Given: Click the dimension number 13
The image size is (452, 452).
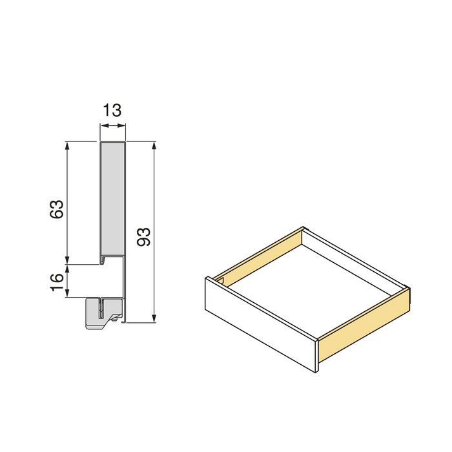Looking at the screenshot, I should pyautogui.click(x=112, y=110).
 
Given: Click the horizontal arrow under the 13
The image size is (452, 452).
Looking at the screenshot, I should pyautogui.click(x=112, y=125).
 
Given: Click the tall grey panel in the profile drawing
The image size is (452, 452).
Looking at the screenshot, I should pyautogui.click(x=112, y=200).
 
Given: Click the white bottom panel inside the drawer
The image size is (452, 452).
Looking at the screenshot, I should pyautogui.click(x=310, y=284).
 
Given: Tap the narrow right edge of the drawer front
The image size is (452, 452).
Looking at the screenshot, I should pyautogui.click(x=318, y=355).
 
